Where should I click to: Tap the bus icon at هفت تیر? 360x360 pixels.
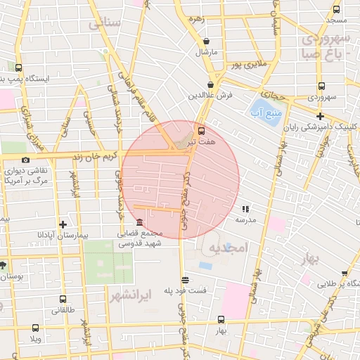(x=202, y=131)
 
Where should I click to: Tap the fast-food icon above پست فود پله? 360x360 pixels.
(x=184, y=280)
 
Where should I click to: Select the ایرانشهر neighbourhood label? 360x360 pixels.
(x=131, y=296)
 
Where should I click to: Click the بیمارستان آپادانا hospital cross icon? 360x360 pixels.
(x=63, y=225)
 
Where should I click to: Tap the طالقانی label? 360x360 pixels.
(x=62, y=309)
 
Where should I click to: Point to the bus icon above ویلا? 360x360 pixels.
(x=35, y=327)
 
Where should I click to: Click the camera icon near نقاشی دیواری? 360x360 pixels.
(x=26, y=160)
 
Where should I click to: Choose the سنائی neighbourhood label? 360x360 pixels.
(x=105, y=23)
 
